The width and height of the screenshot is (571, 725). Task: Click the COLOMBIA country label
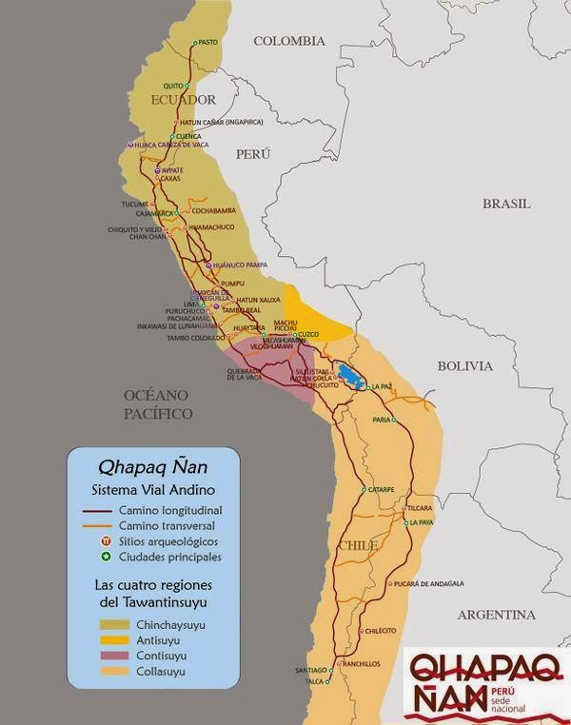click(x=289, y=41)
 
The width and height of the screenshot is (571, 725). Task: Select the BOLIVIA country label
click(x=464, y=365)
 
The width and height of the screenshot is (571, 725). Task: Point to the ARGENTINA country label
click(x=496, y=615)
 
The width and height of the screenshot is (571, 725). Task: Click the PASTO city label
click(x=207, y=42)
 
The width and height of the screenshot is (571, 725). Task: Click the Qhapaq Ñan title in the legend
click(x=154, y=467)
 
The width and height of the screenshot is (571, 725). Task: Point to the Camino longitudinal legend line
click(x=94, y=511)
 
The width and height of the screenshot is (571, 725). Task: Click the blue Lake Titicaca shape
click(x=348, y=375)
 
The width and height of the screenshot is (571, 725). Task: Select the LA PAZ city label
click(x=383, y=386)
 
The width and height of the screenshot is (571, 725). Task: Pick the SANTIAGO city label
click(x=309, y=670)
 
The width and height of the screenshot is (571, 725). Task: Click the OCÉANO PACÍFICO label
click(x=158, y=403)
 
